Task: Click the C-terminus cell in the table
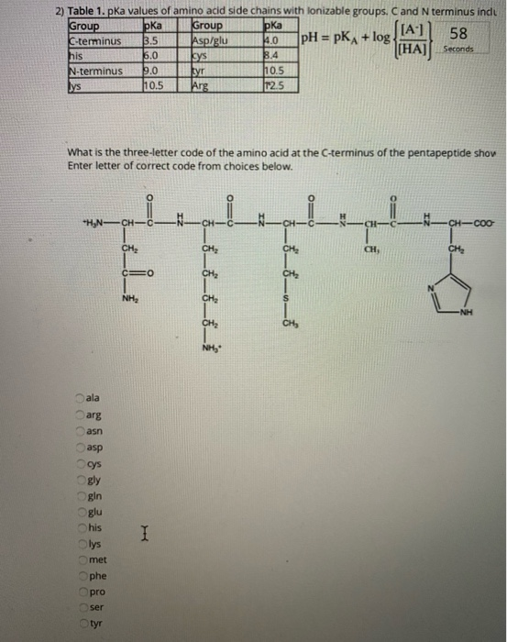tap(94, 40)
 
